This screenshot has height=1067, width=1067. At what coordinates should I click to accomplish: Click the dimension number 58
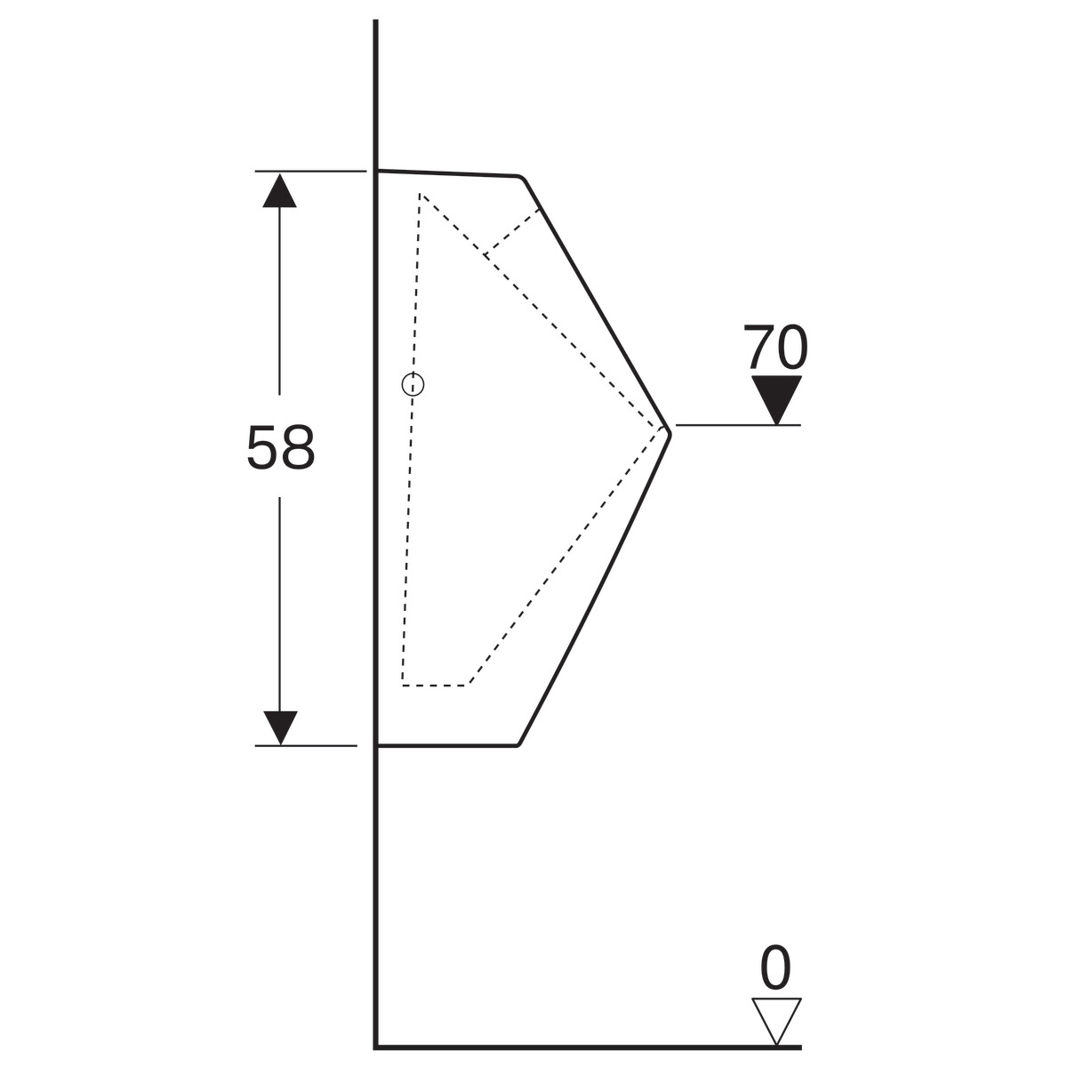tap(281, 447)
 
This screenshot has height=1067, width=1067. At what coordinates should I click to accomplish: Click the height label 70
tap(775, 347)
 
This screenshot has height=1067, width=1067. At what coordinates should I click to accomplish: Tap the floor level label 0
tap(775, 968)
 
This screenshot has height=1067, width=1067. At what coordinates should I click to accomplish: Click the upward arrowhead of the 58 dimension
tap(279, 190)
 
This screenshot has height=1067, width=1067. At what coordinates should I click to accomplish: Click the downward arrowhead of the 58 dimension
tap(280, 727)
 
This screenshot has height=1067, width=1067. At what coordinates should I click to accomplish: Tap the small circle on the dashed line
tap(413, 384)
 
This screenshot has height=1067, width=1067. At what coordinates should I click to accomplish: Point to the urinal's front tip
tap(670, 434)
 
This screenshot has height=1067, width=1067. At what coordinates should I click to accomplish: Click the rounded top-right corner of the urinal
tap(521, 178)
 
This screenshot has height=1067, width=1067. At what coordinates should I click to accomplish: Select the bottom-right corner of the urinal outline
tap(518, 745)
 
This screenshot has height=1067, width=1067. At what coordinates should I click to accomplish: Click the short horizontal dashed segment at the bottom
tap(435, 686)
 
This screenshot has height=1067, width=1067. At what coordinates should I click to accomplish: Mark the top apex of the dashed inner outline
tap(420, 194)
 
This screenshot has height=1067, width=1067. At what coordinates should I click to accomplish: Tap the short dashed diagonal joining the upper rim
tap(513, 232)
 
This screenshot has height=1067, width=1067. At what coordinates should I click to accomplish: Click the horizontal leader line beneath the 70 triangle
tap(738, 425)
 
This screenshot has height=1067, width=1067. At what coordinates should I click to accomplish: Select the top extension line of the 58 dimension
tap(310, 171)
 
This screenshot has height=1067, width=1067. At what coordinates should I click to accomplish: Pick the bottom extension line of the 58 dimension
tap(306, 746)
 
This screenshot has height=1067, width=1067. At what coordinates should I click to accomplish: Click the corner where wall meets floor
tap(376, 1046)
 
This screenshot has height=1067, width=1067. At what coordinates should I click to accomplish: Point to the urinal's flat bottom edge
tap(447, 745)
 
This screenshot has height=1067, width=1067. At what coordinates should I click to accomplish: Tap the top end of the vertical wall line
tap(376, 20)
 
